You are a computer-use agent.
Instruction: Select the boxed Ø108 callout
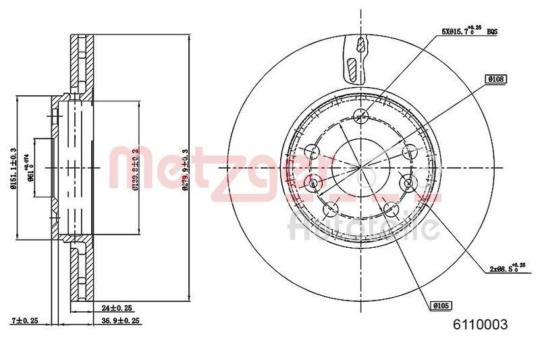[493, 79]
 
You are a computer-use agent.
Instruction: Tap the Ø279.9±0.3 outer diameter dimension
[185, 172]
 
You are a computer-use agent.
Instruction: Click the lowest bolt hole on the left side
[329, 209]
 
